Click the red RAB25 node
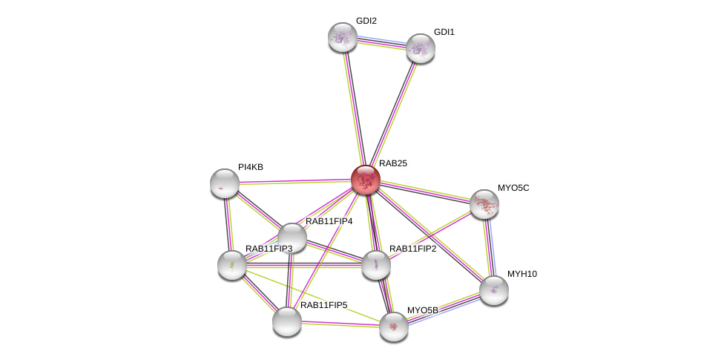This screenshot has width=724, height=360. point(365,179)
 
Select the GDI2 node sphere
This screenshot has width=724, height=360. point(343,36)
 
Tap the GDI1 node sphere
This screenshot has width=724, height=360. point(420,48)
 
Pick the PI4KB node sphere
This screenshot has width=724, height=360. point(225,183)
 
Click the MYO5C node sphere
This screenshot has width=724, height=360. point(484,203)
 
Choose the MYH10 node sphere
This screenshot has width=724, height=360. point(493,289)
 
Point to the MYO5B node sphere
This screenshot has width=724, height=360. point(393,326)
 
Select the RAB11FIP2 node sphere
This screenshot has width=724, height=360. point(375,264)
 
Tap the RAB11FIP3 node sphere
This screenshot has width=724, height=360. point(231,264)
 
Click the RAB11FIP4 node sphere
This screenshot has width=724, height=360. point(292,238)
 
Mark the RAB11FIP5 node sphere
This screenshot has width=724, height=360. point(286,321)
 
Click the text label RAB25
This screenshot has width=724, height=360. point(392,163)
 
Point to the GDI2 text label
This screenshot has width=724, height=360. point(366,21)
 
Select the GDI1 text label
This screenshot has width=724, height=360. point(444,32)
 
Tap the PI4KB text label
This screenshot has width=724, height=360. point(250,167)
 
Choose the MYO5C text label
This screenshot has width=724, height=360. point(513,188)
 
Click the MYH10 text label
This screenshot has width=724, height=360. point(521,274)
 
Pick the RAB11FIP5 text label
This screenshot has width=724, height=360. point(323,305)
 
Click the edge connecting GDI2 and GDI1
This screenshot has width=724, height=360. point(381,42)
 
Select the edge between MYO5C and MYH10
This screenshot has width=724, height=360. point(489,246)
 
